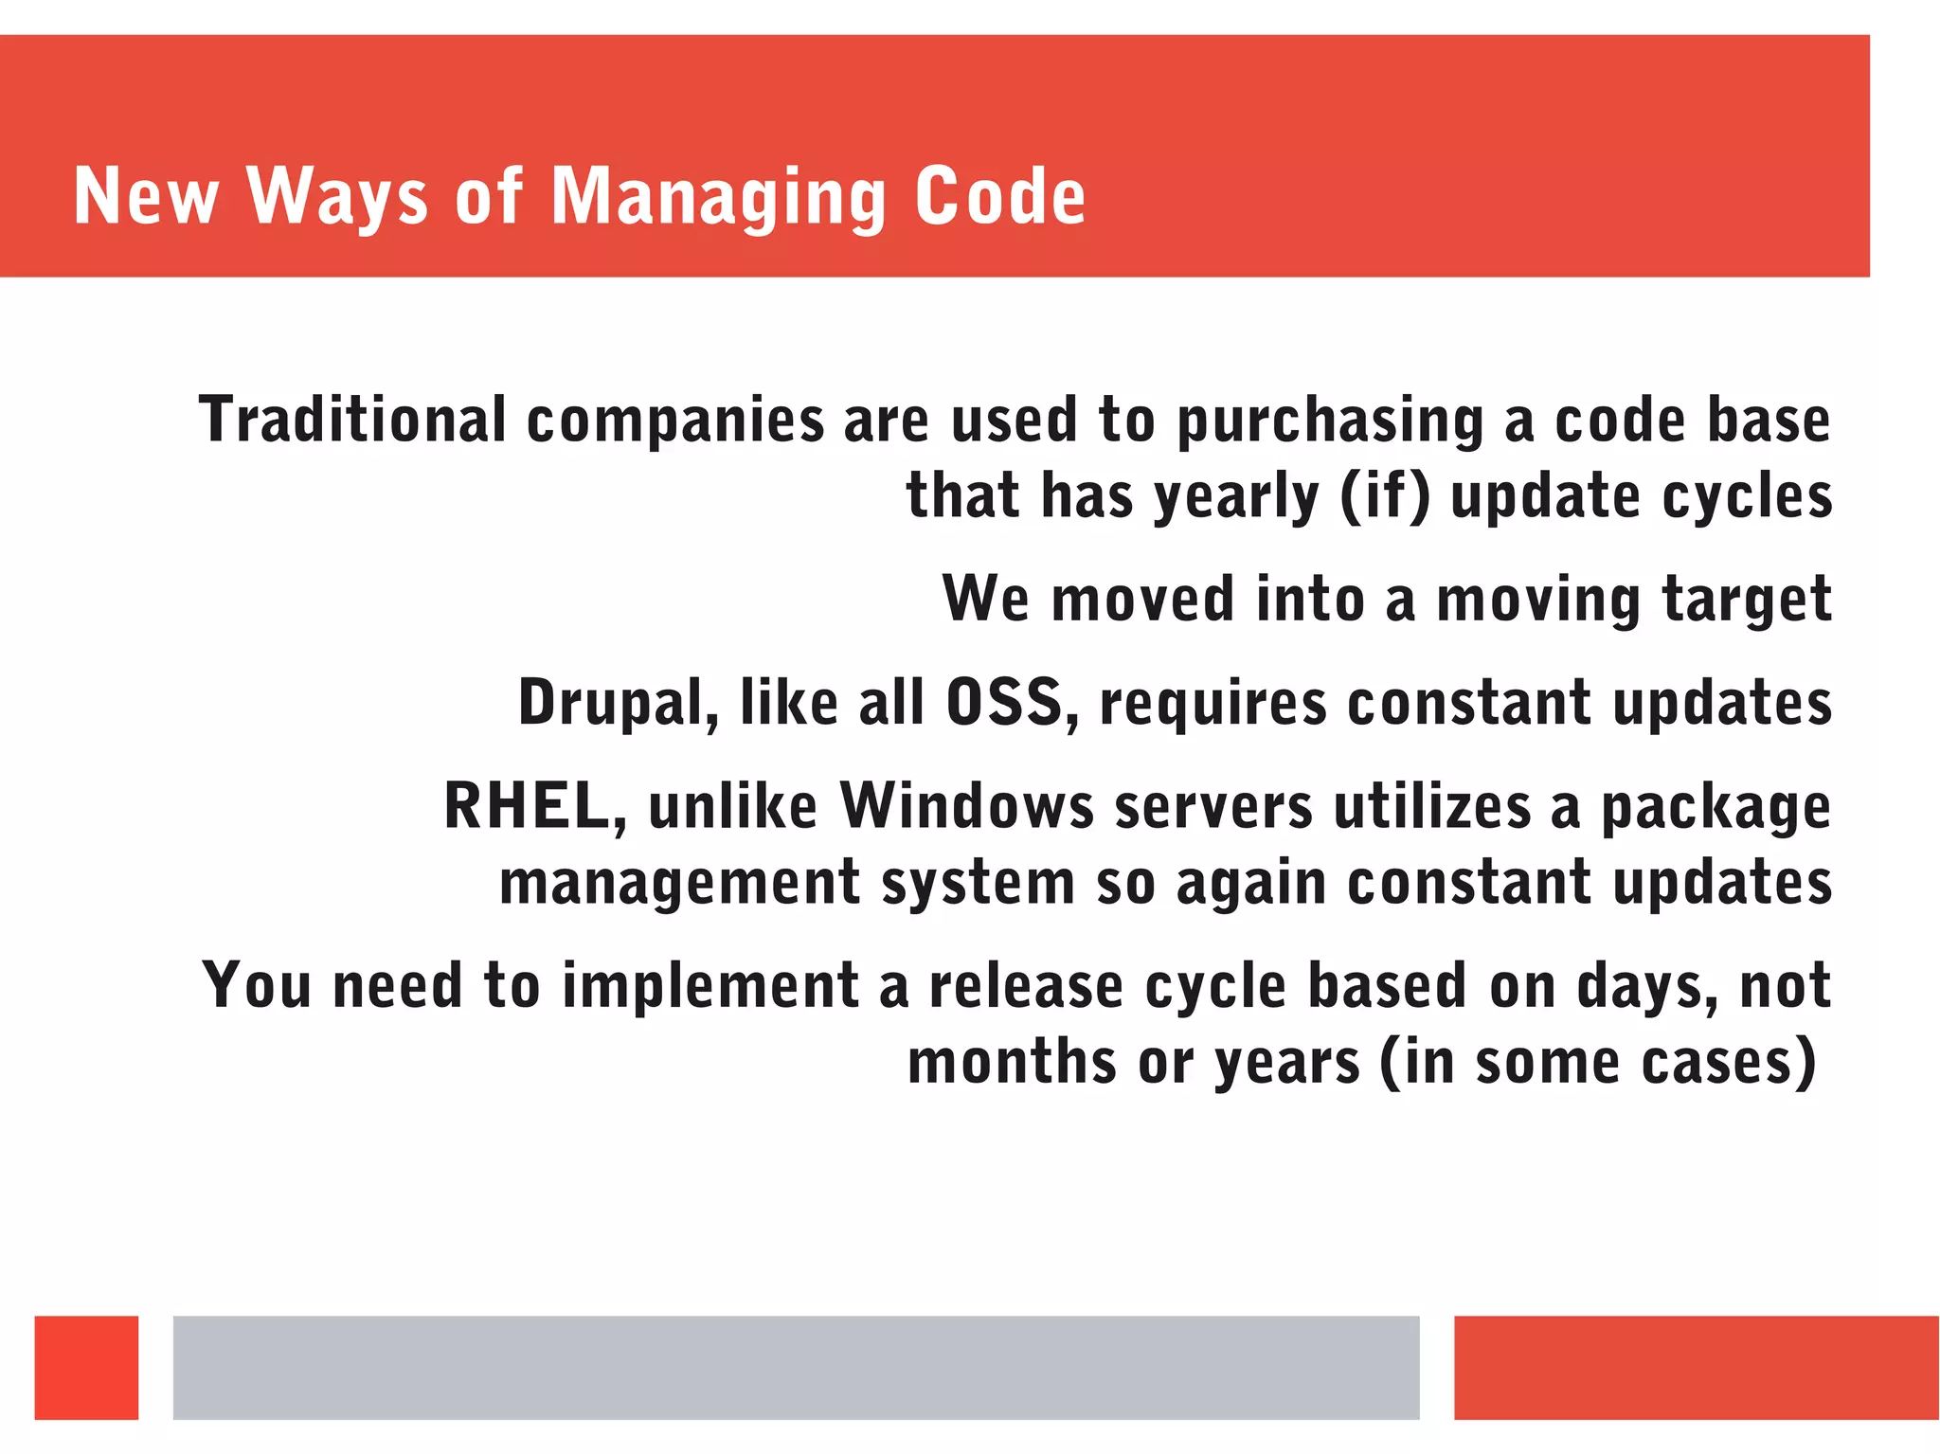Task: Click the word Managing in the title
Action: coord(718,197)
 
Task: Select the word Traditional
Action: coord(352,420)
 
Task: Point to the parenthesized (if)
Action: coord(1385,495)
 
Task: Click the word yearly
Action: coord(1235,497)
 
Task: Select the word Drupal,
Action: coord(618,704)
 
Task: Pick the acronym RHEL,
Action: coord(535,806)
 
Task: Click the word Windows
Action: coord(966,806)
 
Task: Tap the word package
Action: coord(1715,808)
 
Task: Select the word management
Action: coord(679,883)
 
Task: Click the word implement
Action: coord(710,986)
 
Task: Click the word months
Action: coord(1012,1062)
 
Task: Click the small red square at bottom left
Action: coord(86,1367)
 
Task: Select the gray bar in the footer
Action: coord(796,1367)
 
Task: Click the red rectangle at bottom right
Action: coord(1696,1367)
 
